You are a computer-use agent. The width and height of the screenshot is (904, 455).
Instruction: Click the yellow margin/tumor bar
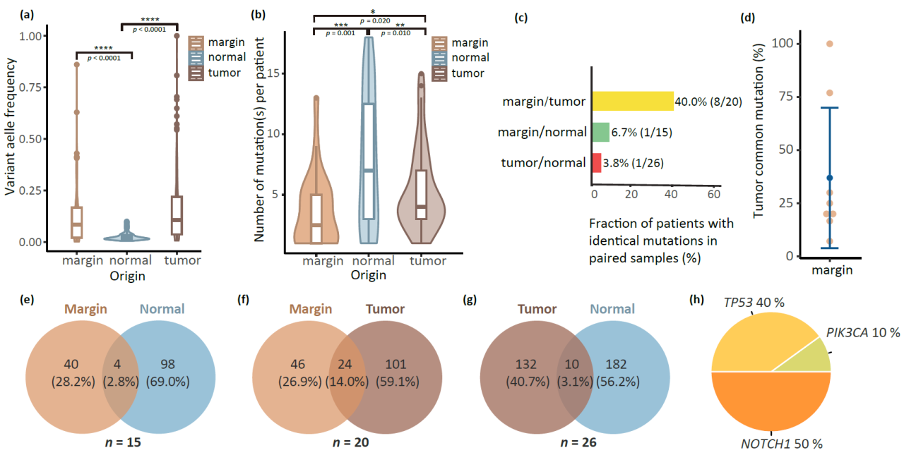pyautogui.click(x=632, y=101)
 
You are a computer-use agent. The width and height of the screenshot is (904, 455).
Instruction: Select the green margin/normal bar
pyautogui.click(x=600, y=132)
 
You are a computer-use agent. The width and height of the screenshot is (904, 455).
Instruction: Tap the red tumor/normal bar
pyautogui.click(x=597, y=163)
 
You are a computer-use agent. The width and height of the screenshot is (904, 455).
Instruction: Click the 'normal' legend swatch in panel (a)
pyautogui.click(x=198, y=57)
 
